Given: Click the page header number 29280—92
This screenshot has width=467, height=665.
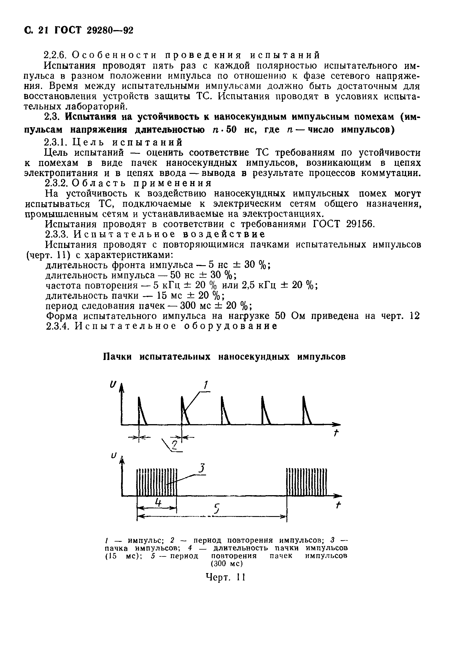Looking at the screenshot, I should (x=110, y=30).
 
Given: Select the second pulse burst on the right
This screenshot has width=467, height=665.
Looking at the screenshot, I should (x=306, y=482).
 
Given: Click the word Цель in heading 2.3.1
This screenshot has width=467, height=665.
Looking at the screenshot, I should (x=84, y=142).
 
